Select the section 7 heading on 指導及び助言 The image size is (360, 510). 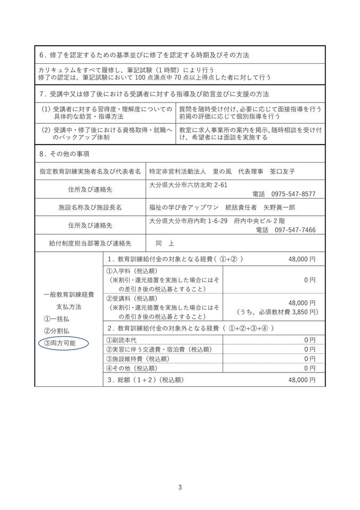point(155,94)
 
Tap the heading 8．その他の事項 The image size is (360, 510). point(65,154)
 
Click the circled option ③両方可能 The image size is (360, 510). point(60,343)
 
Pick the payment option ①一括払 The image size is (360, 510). point(55,319)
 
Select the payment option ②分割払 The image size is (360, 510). point(55,331)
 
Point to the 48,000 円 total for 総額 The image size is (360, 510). point(302,380)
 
